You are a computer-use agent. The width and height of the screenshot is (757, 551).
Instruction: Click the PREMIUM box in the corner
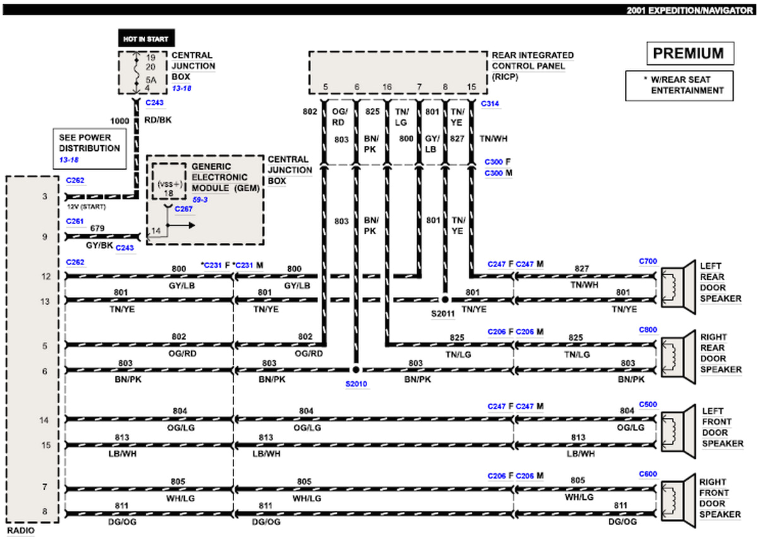coord(690,54)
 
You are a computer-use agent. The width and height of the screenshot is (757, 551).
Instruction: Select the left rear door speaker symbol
coord(675,288)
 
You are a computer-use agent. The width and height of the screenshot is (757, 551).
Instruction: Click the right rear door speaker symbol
coord(675,358)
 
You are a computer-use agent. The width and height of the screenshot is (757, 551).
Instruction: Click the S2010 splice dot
coord(356,370)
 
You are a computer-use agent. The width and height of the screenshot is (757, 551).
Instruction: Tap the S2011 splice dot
coord(445,299)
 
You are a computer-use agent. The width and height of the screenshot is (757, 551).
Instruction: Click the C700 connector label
coord(648,260)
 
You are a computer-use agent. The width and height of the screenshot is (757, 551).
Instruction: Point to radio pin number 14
coord(45,420)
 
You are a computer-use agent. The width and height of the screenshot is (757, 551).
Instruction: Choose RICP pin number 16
coord(387,86)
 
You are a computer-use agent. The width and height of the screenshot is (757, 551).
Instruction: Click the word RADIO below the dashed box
coord(21,531)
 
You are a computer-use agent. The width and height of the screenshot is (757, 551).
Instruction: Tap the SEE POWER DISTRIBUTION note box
coord(89,148)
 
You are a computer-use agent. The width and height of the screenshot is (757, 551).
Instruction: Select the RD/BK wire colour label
coord(159,121)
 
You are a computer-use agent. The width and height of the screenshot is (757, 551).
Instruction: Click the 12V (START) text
coord(86,206)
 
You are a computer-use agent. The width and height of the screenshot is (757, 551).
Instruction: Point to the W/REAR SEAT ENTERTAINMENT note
coord(680,86)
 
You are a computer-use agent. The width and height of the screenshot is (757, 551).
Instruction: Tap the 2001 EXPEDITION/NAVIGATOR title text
coord(688,10)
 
